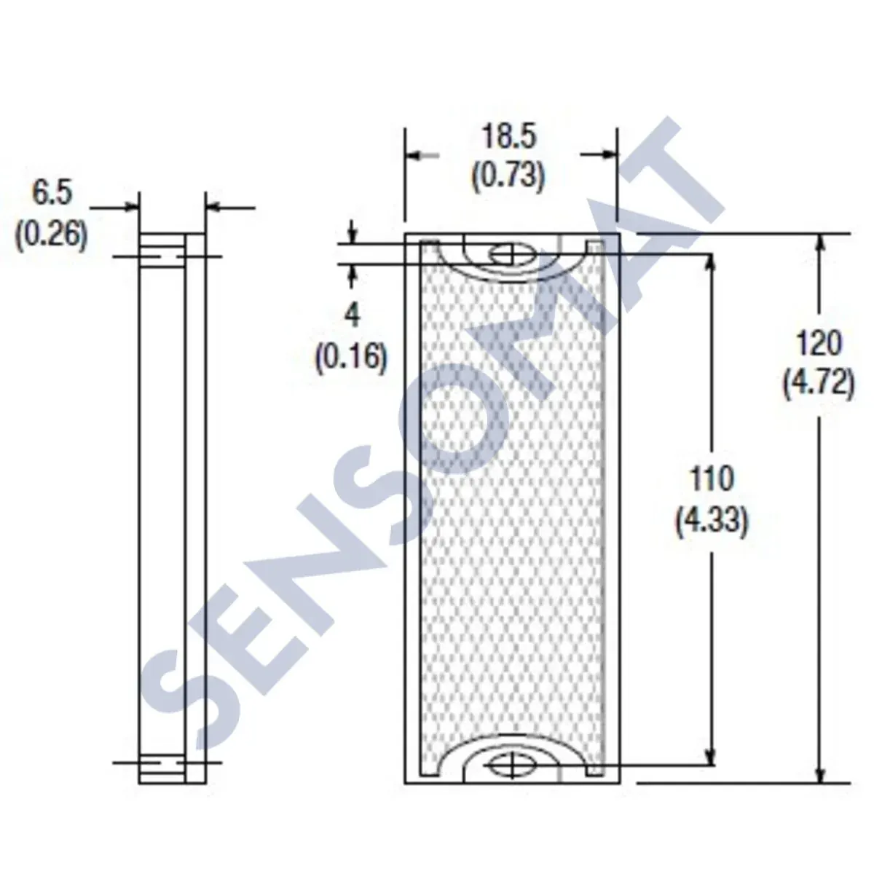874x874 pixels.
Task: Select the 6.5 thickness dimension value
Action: pyautogui.click(x=52, y=195)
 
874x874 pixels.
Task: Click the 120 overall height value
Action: pyautogui.click(x=818, y=342)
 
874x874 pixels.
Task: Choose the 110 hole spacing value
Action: pyautogui.click(x=712, y=479)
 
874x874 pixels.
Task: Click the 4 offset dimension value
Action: pyautogui.click(x=352, y=315)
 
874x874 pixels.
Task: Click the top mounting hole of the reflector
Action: pyautogui.click(x=513, y=254)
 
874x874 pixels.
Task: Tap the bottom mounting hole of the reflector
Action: pyautogui.click(x=513, y=765)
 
